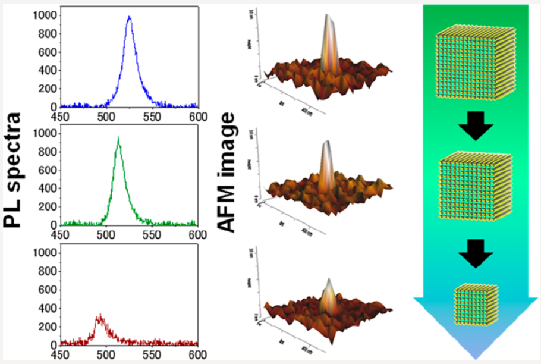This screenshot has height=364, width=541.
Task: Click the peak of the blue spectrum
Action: [x=129, y=17]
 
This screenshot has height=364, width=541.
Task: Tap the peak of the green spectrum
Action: [x=119, y=139]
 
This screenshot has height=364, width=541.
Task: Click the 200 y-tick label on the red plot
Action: [x=49, y=327]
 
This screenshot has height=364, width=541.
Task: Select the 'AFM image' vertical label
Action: [x=227, y=178]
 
